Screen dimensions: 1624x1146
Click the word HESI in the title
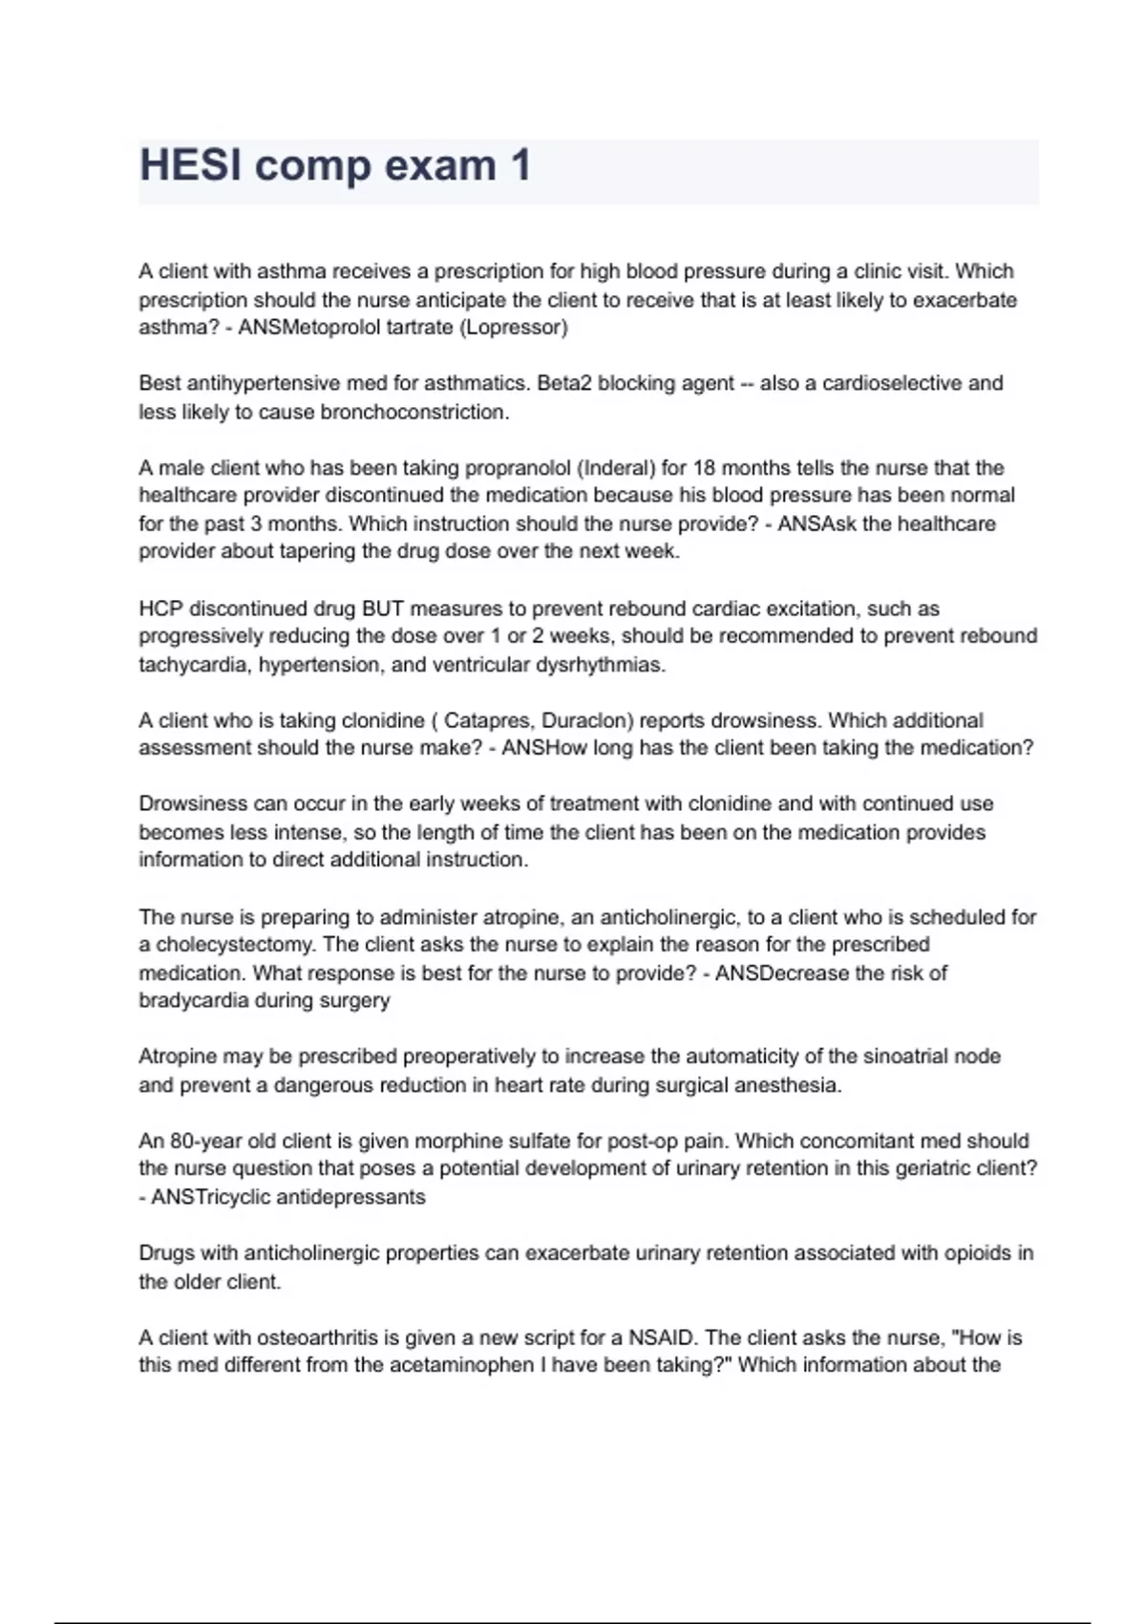[x=191, y=166]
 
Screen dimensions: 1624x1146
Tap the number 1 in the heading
[x=520, y=166]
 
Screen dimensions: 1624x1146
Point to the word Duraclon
[x=584, y=720]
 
